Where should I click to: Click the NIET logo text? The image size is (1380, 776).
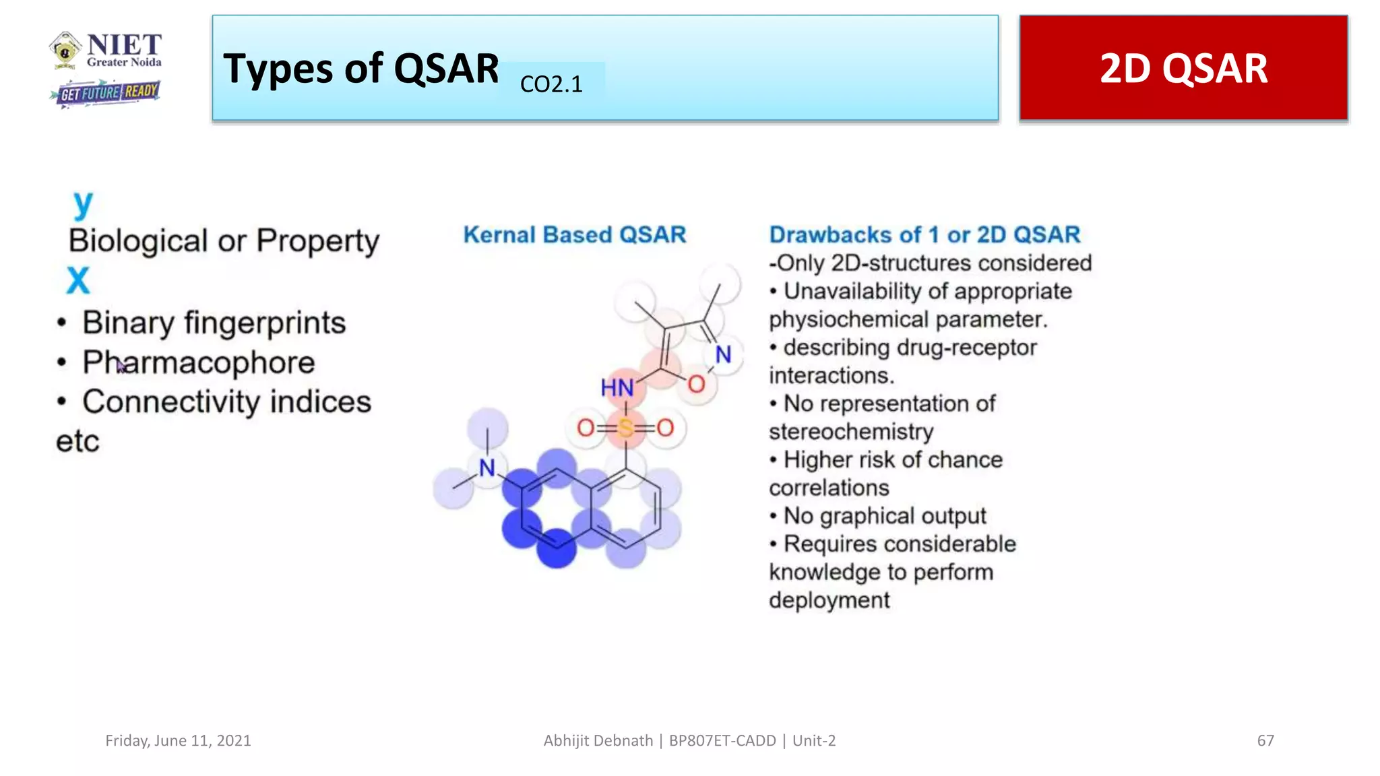tap(124, 46)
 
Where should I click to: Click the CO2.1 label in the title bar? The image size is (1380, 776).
tap(551, 84)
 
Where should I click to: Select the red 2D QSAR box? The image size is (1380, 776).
tap(1183, 68)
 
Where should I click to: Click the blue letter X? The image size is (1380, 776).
tap(78, 280)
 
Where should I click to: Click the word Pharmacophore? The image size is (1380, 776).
tap(199, 362)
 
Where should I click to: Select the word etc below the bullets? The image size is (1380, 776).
tap(77, 442)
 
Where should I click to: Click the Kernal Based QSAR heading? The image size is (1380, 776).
tap(574, 234)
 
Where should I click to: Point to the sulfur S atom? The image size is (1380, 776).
tap(625, 428)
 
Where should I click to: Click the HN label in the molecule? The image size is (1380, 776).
tap(617, 388)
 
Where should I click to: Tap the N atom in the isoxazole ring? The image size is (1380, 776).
tap(723, 354)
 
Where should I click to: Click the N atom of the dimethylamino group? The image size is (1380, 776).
tap(487, 467)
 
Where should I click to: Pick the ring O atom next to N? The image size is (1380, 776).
tap(696, 385)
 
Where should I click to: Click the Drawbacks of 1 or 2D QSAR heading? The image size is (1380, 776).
tap(924, 234)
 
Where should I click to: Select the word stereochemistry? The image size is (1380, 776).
tap(851, 431)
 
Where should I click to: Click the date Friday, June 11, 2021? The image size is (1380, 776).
tap(178, 740)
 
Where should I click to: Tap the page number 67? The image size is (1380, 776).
tap(1265, 740)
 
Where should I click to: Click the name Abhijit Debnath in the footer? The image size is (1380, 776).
tap(598, 740)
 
